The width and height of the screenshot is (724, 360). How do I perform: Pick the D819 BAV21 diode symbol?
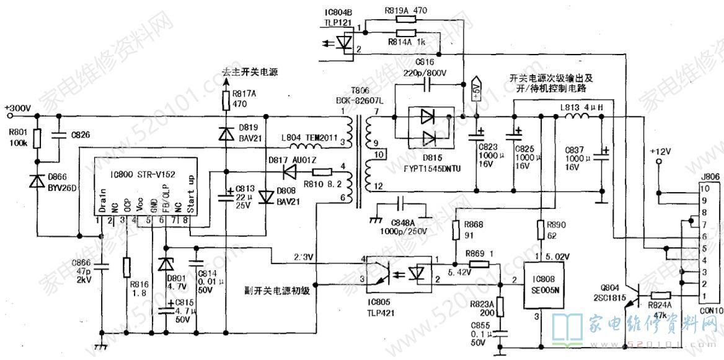pos(226,133)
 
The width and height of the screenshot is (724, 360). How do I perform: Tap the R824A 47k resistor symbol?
pos(661,296)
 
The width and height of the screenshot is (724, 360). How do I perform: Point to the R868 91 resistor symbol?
pos(454,230)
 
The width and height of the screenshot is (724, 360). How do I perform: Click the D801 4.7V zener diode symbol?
pos(164,265)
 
